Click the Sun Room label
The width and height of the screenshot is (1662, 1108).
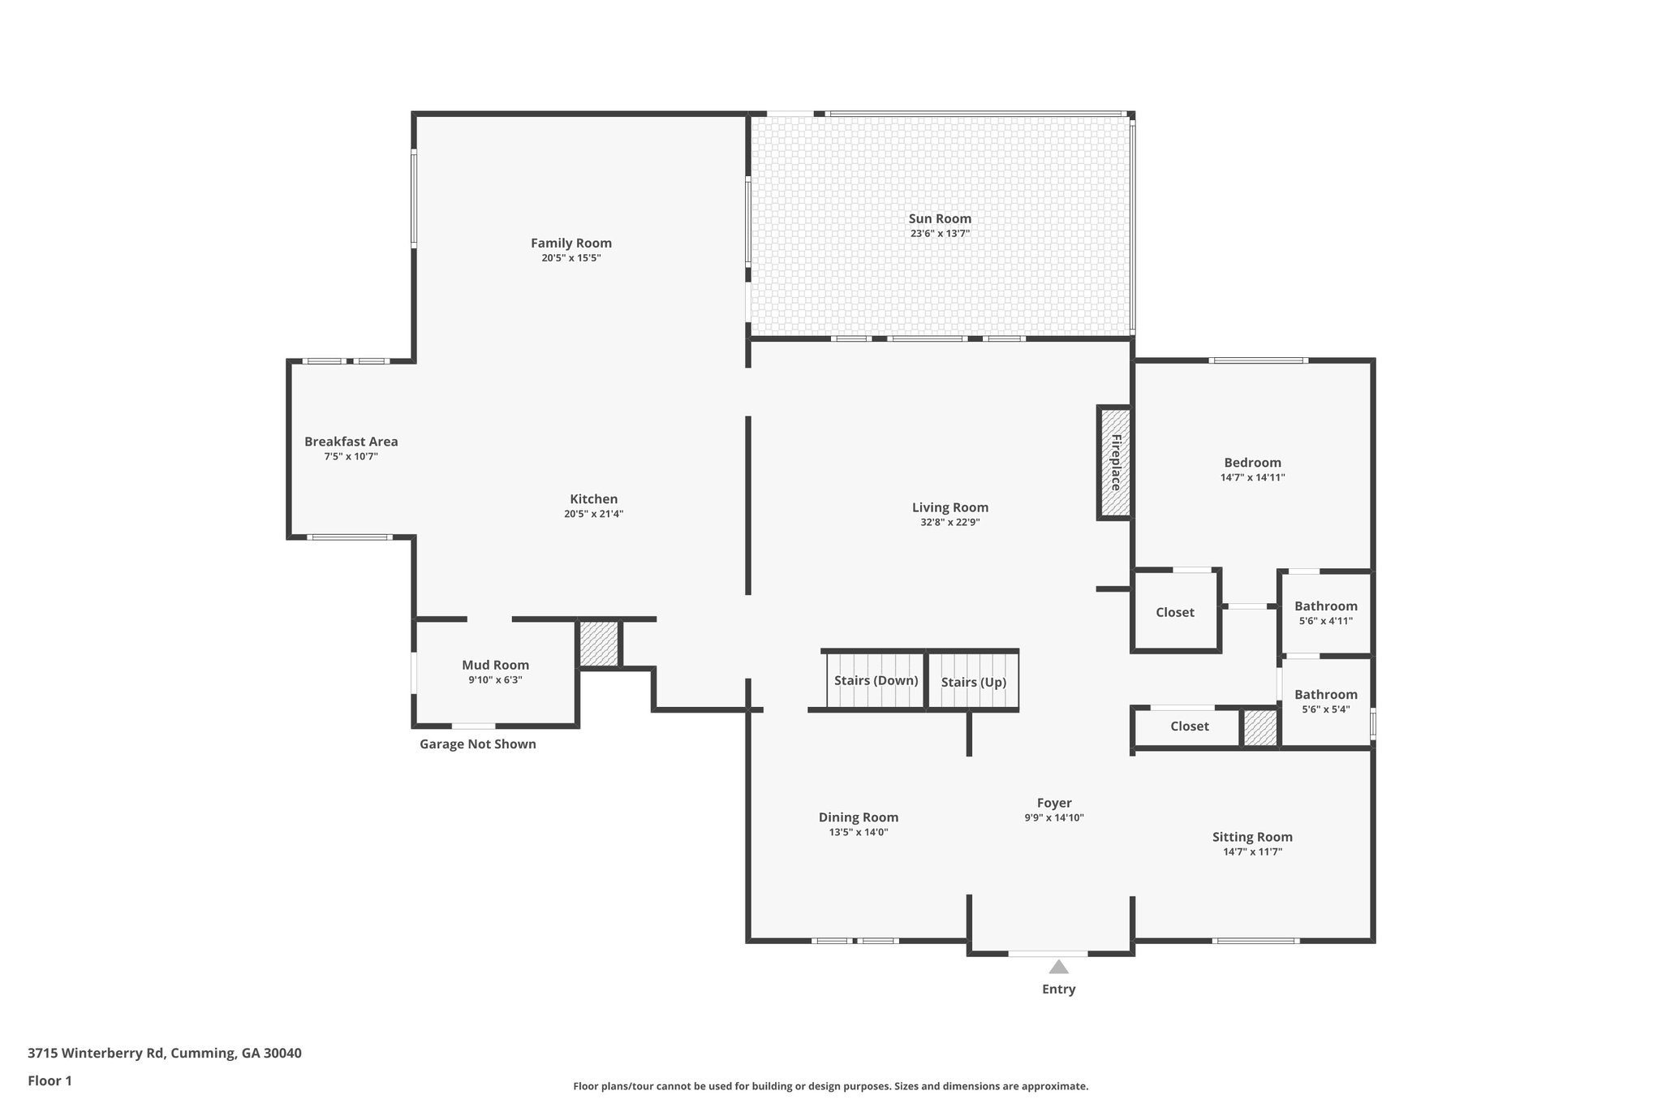(x=940, y=218)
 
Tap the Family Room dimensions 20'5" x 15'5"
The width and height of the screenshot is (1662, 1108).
(x=571, y=258)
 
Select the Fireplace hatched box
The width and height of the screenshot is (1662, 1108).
(x=1115, y=463)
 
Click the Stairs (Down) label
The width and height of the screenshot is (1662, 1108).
(x=876, y=680)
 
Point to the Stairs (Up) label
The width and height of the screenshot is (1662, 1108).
(x=973, y=682)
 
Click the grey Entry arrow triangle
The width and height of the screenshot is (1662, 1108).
(x=1058, y=967)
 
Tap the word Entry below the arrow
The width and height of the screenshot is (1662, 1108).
(x=1058, y=989)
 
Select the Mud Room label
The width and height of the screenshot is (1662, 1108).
(x=495, y=665)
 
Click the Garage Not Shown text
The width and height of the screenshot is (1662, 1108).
(x=477, y=744)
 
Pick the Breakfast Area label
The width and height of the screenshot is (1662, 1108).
(x=351, y=442)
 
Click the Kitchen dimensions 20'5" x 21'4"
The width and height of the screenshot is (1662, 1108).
(x=593, y=514)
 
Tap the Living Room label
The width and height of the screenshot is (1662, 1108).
(x=949, y=507)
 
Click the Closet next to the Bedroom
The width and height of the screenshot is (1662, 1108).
(x=1174, y=612)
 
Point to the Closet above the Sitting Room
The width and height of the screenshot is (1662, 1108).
(x=1189, y=726)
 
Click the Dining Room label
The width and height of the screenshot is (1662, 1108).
(x=858, y=817)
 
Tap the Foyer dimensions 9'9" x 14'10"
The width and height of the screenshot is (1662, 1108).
(x=1053, y=818)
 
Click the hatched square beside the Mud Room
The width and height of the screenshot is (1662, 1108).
(x=599, y=644)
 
